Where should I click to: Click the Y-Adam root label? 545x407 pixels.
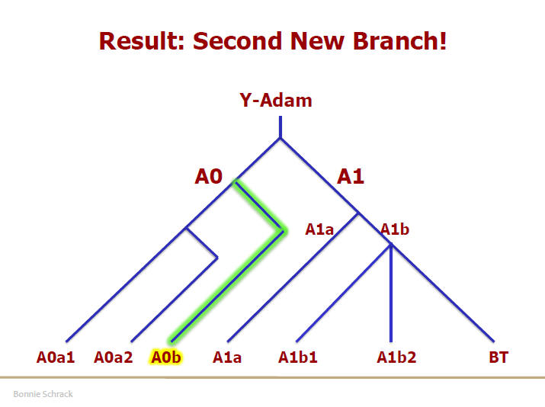276,101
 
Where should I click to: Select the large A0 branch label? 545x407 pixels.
209,176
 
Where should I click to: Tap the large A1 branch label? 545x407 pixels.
351,176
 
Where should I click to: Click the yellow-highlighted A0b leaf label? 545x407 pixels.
166,357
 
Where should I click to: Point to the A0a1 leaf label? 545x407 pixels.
56,357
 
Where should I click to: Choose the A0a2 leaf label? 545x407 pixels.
114,357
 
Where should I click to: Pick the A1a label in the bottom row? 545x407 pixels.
227,357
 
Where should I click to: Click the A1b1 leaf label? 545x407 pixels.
298,357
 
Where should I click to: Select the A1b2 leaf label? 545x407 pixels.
396,357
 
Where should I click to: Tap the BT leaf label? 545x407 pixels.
499,357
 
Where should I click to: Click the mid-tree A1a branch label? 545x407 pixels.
319,229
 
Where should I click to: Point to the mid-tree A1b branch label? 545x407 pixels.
395,229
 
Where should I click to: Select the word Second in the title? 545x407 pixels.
238,41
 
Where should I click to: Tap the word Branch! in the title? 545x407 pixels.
399,41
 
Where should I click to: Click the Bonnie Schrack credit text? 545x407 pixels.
43,394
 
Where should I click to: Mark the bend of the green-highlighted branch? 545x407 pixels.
283,231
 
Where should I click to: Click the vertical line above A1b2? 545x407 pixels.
391,293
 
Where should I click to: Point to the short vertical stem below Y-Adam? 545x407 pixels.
281,127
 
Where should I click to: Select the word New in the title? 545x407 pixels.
317,41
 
